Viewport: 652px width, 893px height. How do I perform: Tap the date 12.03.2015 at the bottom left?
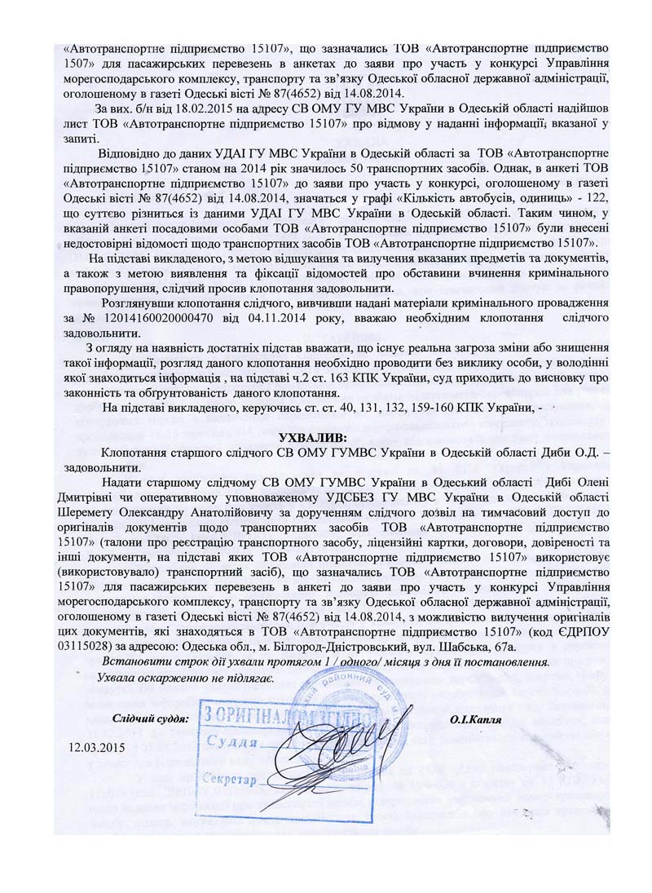tap(97, 746)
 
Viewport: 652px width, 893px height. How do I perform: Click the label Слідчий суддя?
tap(150, 718)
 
